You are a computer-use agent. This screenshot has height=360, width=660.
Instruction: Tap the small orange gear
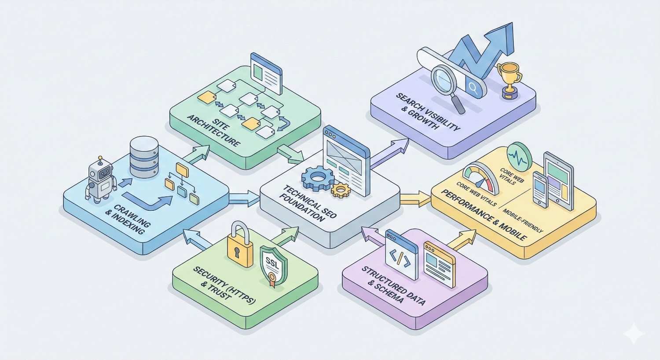tap(340, 190)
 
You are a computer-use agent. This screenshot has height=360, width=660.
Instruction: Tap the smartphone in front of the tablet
tap(541, 189)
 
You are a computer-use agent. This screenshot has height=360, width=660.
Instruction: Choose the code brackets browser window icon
tap(401, 255)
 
